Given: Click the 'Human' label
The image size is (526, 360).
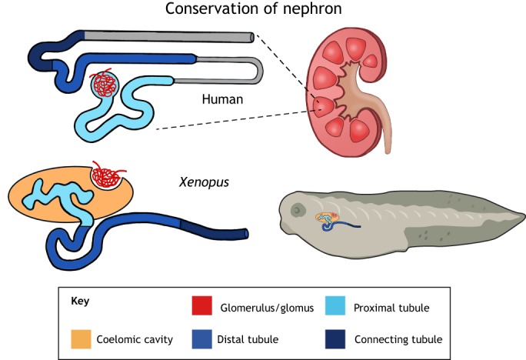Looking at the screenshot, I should (222, 99).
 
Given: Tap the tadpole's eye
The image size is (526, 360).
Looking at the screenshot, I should (296, 208).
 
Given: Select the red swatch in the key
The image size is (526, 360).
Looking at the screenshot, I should (201, 308).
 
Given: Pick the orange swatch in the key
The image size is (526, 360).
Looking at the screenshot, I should (82, 338).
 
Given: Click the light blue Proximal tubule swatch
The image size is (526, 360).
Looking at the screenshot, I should (339, 308).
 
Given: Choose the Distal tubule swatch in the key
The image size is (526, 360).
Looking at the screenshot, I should (201, 338).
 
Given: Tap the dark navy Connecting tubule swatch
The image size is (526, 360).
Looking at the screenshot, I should (339, 338).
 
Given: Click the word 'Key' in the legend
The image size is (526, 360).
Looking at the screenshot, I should (80, 302).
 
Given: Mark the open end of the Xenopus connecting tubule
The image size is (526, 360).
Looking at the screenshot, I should (245, 232).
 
